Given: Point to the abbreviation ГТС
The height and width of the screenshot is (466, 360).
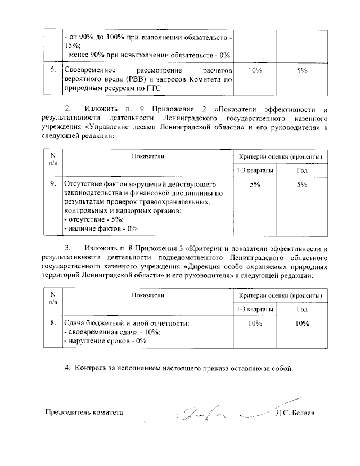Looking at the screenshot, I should click(x=152, y=88).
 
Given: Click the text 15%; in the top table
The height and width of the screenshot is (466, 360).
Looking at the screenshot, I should click(x=73, y=46).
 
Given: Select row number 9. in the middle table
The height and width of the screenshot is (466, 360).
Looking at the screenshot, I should click(x=52, y=184).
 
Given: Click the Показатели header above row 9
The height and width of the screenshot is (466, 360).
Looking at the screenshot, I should click(x=148, y=155).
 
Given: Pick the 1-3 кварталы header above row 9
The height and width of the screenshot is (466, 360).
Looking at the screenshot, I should click(x=255, y=170).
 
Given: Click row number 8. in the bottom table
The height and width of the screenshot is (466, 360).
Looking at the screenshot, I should click(x=52, y=323).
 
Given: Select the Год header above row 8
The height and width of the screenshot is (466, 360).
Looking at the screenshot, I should click(x=302, y=310).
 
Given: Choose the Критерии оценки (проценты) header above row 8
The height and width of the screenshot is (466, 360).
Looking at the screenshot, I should click(x=280, y=295).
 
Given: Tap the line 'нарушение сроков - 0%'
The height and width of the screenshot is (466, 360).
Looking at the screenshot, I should click(x=106, y=341).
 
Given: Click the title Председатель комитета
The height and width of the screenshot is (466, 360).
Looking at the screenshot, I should click(x=84, y=412).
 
